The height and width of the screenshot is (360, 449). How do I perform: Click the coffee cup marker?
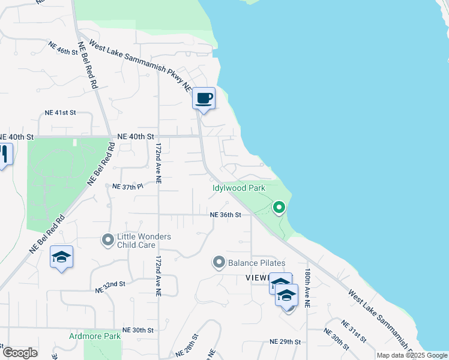pyautogui.click(x=204, y=98)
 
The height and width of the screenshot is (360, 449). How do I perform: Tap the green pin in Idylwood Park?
pyautogui.click(x=279, y=208)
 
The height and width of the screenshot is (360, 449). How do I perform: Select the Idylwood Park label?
pyautogui.click(x=238, y=188)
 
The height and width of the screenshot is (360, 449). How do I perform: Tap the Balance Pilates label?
pyautogui.click(x=256, y=263)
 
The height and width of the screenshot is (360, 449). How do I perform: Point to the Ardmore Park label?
pyautogui.click(x=94, y=336)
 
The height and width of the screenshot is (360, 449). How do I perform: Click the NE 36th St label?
pyautogui.click(x=225, y=215)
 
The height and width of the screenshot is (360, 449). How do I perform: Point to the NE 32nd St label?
pyautogui.click(x=110, y=286)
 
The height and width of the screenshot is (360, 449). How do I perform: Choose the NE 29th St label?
pyautogui.click(x=285, y=341)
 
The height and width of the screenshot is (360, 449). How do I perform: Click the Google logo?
pyautogui.click(x=20, y=353)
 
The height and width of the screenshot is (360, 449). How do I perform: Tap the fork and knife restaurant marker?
pyautogui.click(x=4, y=154)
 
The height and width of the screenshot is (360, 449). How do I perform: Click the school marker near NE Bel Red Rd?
pyautogui.click(x=61, y=257)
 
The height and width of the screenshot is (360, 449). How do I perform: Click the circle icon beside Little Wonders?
pyautogui.click(x=108, y=241)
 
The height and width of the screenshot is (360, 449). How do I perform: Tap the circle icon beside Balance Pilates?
pyautogui.click(x=219, y=263)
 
